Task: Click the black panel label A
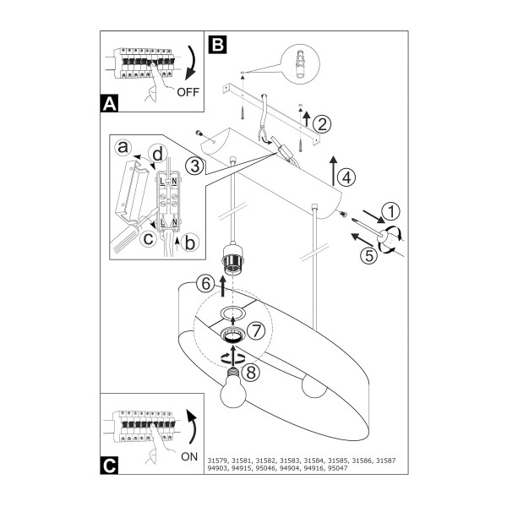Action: coord(109,103)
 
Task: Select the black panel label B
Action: coord(218,44)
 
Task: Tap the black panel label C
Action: coord(109,466)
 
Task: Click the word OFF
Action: coord(188,92)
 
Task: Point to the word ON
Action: coord(189,456)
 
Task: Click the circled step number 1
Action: coord(391,212)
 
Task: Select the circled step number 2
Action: coord(322,124)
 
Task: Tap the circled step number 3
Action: coord(194,166)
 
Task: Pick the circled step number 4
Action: coord(346,177)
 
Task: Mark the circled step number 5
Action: coord(369,256)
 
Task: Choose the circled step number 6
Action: coord(205,284)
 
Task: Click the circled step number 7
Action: coord(256,331)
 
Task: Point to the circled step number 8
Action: coord(251,372)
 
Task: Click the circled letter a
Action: coord(123,147)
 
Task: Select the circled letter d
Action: coord(158,155)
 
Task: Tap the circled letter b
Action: coord(190,243)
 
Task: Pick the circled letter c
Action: coord(148,239)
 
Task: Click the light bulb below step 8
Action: coord(233,389)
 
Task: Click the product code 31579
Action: coord(218,461)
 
